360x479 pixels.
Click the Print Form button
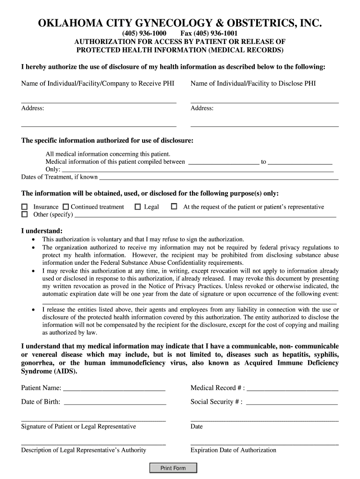173,468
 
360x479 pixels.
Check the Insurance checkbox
24,207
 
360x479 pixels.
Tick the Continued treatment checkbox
65,207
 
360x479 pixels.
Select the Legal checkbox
137,207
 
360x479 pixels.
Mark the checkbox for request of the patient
174,206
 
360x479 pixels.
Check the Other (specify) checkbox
24,215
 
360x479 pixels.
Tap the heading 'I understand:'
42,231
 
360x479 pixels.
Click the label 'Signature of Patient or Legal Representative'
79,427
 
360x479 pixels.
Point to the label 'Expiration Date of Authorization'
233,450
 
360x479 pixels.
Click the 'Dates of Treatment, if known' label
59,177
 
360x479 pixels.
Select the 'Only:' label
53,169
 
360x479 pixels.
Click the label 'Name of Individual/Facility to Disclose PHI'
253,84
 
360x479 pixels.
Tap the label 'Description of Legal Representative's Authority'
84,450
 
